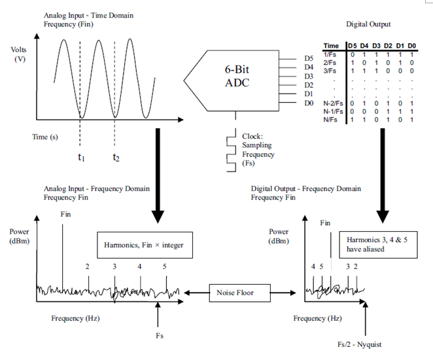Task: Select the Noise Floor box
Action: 235,293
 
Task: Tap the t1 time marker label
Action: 80,157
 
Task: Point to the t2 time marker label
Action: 116,157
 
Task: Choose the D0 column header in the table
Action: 412,45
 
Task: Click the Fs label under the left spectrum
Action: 159,335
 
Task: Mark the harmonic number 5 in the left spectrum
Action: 165,266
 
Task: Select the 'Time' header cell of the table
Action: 332,45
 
